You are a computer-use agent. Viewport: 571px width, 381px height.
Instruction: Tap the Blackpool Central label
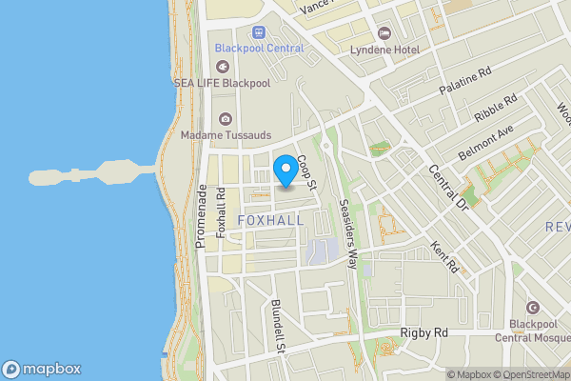point(259,48)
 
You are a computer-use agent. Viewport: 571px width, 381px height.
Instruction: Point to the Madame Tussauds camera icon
point(226,119)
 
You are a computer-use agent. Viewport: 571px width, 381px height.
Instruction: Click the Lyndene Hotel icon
point(384,31)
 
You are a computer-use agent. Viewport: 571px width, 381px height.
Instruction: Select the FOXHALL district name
point(270,220)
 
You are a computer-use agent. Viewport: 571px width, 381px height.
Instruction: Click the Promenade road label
point(201,218)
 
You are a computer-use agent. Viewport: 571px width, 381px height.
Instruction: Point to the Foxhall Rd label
point(221,211)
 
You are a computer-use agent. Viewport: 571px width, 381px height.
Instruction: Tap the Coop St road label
point(305,170)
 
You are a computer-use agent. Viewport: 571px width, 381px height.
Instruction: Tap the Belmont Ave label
point(492,137)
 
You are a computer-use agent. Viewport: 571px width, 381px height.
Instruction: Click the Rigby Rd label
point(423,333)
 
